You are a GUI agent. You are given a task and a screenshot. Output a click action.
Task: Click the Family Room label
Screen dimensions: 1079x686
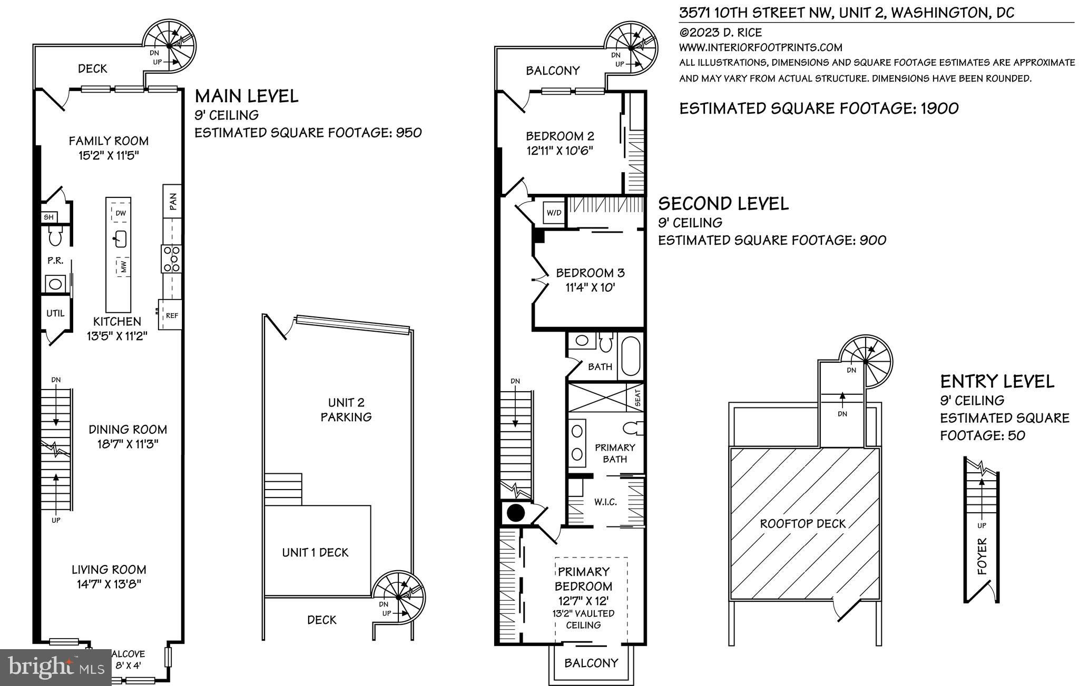pos(109,141)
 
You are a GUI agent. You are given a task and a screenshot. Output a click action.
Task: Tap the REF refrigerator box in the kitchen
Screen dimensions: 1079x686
pos(171,315)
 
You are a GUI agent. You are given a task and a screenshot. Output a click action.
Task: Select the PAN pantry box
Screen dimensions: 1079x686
pos(172,201)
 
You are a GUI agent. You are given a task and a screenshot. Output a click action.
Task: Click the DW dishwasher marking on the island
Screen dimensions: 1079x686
pos(120,213)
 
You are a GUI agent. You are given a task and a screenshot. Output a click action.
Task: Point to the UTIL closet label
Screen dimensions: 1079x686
pos(55,313)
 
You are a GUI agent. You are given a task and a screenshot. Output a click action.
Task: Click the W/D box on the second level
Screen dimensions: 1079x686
pos(554,213)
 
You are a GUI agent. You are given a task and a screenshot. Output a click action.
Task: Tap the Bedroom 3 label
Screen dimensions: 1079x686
pos(590,273)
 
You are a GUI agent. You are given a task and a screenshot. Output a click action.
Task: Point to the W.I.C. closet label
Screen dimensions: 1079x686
pos(605,502)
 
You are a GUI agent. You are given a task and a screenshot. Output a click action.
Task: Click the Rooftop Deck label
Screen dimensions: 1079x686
pos(802,524)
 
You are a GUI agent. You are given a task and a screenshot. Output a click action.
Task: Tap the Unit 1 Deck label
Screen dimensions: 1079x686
pos(315,552)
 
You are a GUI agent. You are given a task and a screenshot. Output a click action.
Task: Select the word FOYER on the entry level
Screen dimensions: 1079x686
pos(982,556)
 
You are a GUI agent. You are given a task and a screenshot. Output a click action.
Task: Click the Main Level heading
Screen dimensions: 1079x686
pos(247,96)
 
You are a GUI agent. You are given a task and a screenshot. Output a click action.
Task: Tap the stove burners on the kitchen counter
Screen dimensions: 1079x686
pos(172,259)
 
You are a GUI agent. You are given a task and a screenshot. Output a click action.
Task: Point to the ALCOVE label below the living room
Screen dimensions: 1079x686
pos(128,654)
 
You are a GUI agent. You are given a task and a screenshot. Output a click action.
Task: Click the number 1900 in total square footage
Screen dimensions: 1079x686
pos(939,108)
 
